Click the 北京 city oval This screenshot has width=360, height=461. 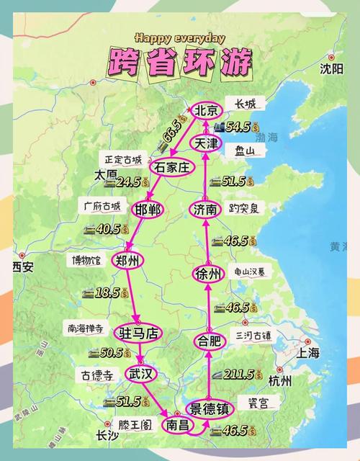206,110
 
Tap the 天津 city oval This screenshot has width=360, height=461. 205,143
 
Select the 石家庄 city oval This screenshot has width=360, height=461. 173,167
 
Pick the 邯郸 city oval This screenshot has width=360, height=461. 148,210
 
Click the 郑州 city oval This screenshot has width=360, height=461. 130,261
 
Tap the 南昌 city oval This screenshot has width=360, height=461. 177,425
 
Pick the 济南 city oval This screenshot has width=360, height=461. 204,210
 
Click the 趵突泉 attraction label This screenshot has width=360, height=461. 244,208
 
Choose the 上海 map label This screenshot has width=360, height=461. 308,353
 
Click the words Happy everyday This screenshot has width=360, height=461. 179,38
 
